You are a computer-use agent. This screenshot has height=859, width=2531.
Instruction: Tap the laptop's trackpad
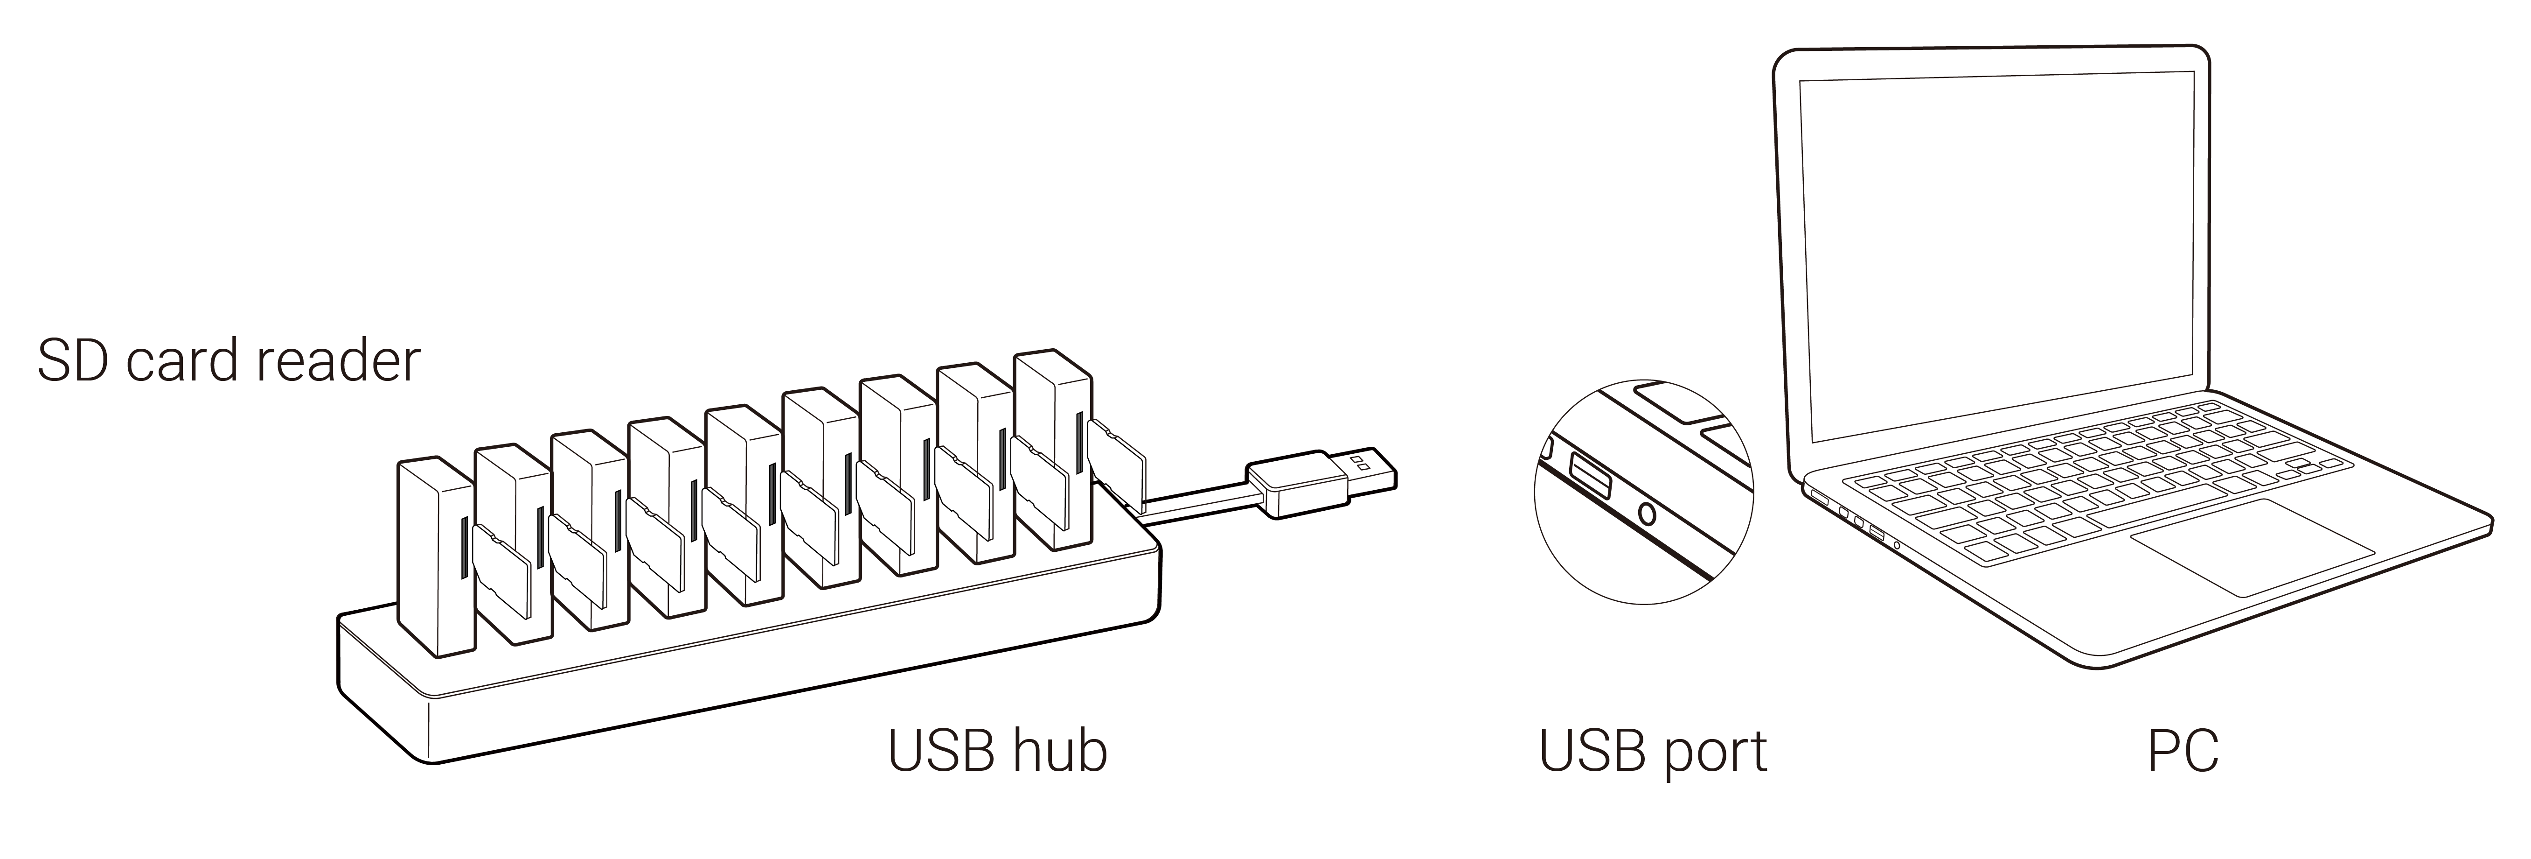2250,545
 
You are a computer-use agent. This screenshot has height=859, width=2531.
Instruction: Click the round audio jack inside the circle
1648,513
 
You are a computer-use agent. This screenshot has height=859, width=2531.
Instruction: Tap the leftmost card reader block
432,555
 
